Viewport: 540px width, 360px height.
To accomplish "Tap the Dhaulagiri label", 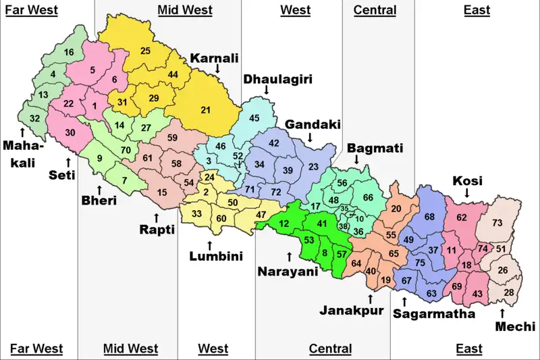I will click(x=268, y=80).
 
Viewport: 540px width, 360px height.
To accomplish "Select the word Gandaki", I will click(x=312, y=125).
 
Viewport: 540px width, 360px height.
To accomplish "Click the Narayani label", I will click(x=288, y=272).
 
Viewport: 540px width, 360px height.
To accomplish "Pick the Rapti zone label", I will click(x=157, y=230).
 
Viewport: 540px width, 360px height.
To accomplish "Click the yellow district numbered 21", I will click(x=206, y=110).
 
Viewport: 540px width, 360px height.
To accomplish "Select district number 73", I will click(x=497, y=223).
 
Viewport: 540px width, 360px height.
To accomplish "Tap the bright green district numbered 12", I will click(x=284, y=224).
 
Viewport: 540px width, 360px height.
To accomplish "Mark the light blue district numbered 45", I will click(x=254, y=119).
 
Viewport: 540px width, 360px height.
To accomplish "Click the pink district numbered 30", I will click(x=70, y=133).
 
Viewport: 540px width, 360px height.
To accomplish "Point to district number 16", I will click(x=69, y=53).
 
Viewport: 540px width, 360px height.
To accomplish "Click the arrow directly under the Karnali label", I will click(x=217, y=69).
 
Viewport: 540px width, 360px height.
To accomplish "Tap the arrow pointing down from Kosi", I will click(x=466, y=193).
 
